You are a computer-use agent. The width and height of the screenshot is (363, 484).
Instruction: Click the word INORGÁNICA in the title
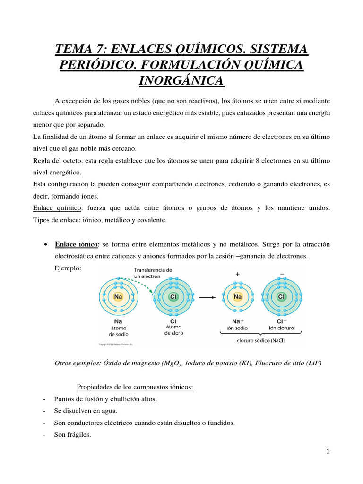(x=181, y=80)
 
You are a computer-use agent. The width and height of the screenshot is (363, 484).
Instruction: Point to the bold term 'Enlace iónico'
(x=77, y=244)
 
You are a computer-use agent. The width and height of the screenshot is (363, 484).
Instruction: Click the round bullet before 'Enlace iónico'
(x=44, y=245)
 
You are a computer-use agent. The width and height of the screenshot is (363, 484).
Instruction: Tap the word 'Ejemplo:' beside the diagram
(x=68, y=268)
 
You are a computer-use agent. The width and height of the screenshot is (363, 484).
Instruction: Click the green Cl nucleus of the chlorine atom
(x=173, y=297)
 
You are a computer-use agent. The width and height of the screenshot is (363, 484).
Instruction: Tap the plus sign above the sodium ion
(x=237, y=274)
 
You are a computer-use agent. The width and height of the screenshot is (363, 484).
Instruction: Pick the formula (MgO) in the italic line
(x=172, y=363)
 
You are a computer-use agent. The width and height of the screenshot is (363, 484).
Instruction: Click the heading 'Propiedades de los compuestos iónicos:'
(x=135, y=387)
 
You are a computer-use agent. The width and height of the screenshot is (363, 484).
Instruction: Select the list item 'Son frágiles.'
(x=72, y=434)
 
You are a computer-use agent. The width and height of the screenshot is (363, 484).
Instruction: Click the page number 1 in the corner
(x=328, y=451)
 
